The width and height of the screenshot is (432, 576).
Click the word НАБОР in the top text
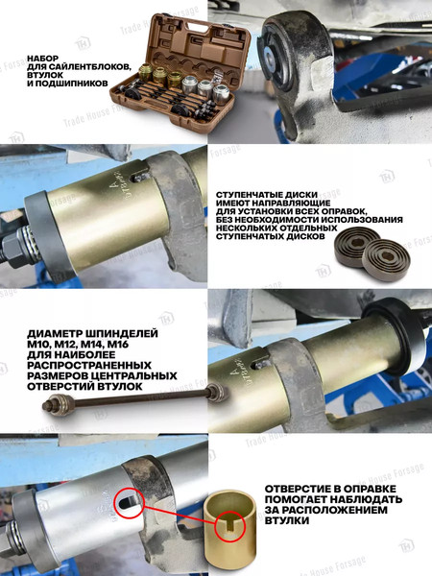pos(46,59)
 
